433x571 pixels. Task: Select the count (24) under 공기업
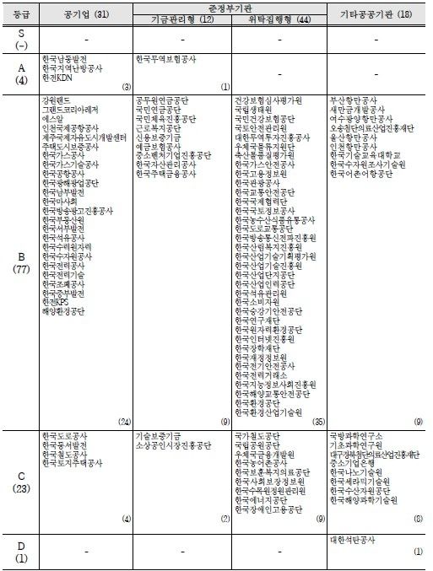(124, 421)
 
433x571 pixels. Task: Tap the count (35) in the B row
(317, 421)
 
